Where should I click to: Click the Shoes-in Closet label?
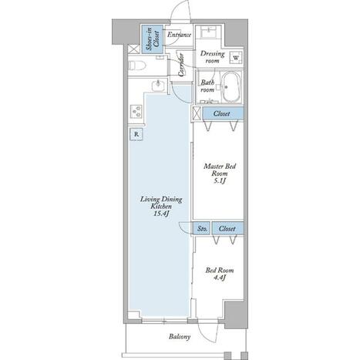[153, 39]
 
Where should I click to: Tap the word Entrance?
[179, 35]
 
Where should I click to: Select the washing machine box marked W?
[236, 58]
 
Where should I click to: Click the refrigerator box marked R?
[136, 134]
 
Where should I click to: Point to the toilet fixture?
[136, 66]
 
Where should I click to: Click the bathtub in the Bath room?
[231, 87]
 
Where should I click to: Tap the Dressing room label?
[212, 57]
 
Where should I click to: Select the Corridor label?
[180, 65]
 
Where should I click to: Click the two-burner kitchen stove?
[136, 111]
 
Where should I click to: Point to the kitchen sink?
[158, 85]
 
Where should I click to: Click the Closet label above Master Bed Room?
[221, 113]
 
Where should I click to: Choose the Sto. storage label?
[202, 228]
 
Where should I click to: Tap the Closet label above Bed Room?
[227, 228]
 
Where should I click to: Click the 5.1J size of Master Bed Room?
[220, 181]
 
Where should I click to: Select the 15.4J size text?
[161, 214]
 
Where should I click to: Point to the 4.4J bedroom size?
[219, 278]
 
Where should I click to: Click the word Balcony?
[180, 337]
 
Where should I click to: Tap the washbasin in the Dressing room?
[208, 32]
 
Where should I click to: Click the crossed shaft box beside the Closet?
[197, 113]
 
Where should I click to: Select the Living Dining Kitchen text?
[161, 203]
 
